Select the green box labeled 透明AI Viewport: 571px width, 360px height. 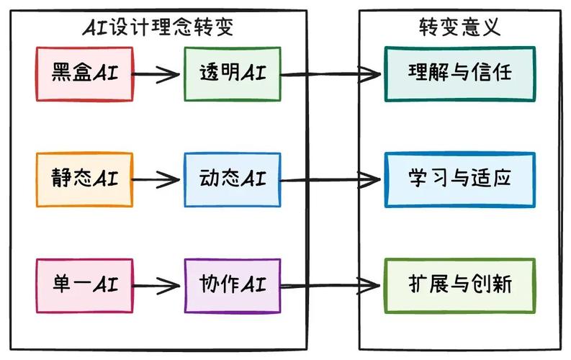pos(232,73)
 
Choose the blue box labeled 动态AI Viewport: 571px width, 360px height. pos(232,178)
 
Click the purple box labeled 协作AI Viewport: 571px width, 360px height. pos(232,284)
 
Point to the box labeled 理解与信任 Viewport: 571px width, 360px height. pos(459,73)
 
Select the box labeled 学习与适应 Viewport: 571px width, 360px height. pos(459,178)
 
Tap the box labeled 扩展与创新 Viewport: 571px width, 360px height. pos(459,284)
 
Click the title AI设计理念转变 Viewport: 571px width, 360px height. pos(158,27)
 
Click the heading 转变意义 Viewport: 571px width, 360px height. pos(459,27)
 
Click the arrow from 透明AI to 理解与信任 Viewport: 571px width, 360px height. pos(331,73)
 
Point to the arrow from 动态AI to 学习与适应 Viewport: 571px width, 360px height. pos(331,179)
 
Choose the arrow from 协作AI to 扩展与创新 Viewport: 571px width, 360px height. pos(331,285)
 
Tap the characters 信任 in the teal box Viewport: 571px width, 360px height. pos(493,73)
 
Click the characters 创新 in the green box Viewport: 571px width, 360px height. pos(493,284)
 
